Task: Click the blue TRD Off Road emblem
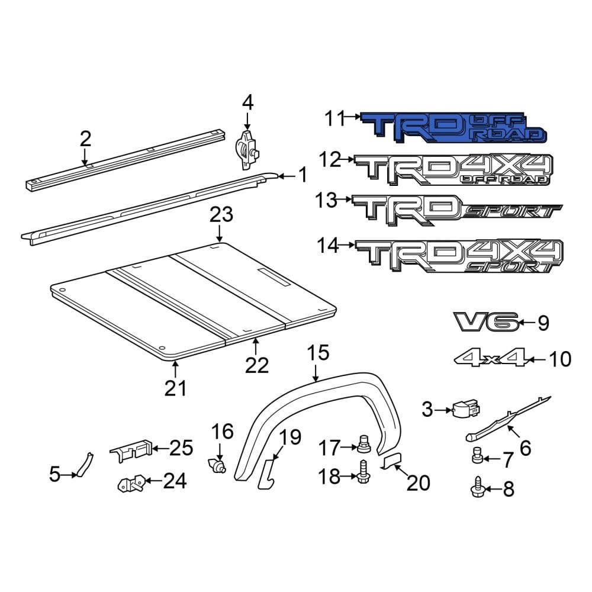point(453,128)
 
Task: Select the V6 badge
point(486,322)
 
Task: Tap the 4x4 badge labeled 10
point(491,358)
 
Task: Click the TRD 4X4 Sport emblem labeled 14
point(459,258)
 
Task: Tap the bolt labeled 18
point(363,476)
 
